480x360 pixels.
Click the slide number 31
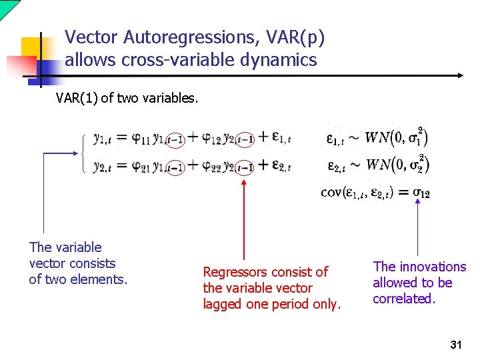(x=456, y=345)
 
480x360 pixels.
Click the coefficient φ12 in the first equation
(x=211, y=139)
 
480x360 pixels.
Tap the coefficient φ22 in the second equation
(x=211, y=165)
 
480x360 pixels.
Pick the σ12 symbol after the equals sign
(x=421, y=193)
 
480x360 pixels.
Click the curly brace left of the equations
(x=84, y=153)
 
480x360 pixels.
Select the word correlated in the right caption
(x=404, y=299)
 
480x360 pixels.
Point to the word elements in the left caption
(x=101, y=279)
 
